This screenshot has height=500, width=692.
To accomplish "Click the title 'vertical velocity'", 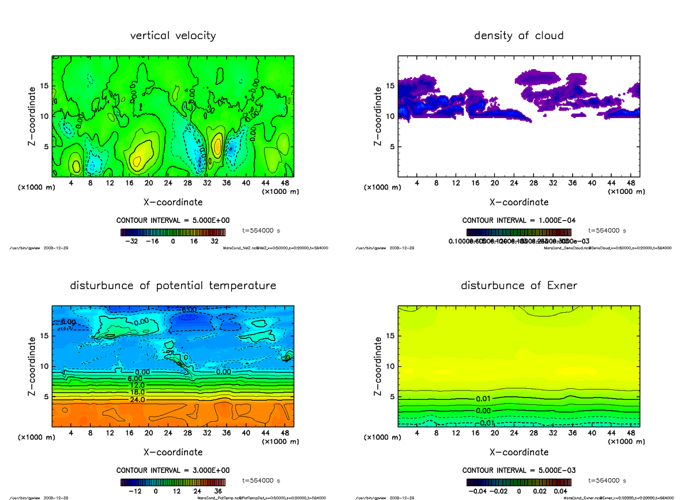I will pyautogui.click(x=173, y=36).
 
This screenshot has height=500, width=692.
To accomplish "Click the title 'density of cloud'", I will pyautogui.click(x=519, y=36).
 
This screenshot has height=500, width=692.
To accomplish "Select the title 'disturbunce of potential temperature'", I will pyautogui.click(x=173, y=286).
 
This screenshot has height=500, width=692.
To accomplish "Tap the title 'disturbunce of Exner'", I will pyautogui.click(x=519, y=286).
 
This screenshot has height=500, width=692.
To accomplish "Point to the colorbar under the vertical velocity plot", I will pyautogui.click(x=173, y=233).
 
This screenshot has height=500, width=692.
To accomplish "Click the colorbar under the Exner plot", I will pyautogui.click(x=519, y=483).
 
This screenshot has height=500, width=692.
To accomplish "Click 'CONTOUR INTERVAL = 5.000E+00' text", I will pyautogui.click(x=173, y=221).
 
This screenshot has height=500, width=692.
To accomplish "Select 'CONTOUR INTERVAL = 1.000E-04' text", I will pyautogui.click(x=519, y=221).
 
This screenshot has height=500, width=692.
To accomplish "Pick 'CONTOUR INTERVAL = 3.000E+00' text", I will pyautogui.click(x=173, y=470).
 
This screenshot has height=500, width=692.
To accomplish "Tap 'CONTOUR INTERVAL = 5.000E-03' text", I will pyautogui.click(x=519, y=470).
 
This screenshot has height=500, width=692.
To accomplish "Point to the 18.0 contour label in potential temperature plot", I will pyautogui.click(x=138, y=392).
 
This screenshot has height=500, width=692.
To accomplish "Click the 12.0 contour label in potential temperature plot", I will pyautogui.click(x=138, y=385).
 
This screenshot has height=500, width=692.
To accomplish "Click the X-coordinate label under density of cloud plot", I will pyautogui.click(x=519, y=202).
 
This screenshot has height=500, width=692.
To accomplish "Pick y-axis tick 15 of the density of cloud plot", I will pyautogui.click(x=390, y=86).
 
